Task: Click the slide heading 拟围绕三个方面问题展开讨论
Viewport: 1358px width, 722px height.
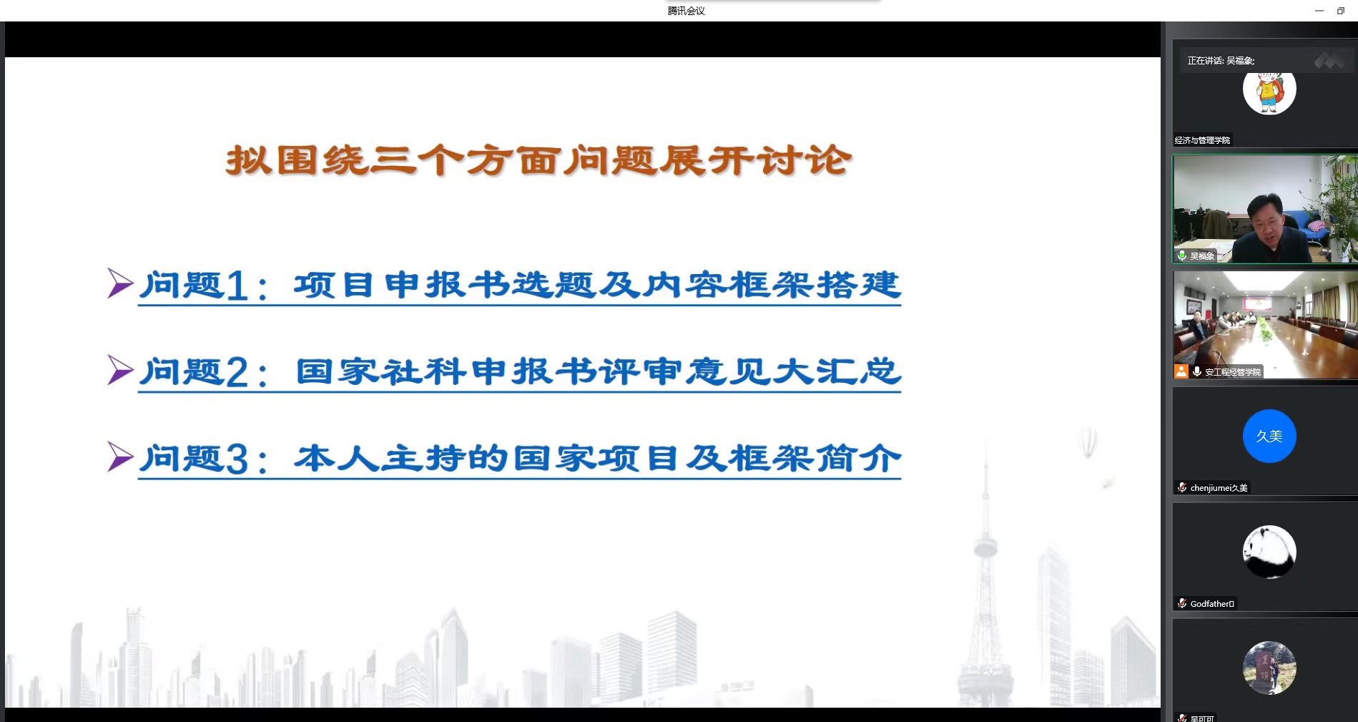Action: click(538, 160)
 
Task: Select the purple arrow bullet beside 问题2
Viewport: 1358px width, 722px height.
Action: click(120, 370)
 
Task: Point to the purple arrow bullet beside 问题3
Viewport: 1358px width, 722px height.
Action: click(120, 457)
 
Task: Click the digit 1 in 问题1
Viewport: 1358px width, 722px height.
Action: click(237, 286)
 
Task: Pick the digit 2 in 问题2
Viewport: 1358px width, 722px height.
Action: click(237, 372)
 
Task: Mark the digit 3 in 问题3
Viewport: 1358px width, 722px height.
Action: click(237, 459)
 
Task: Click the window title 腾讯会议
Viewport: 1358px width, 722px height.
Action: click(686, 11)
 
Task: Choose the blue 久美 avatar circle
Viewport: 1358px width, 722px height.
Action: click(1269, 436)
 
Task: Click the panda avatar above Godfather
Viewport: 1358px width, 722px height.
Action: click(1269, 552)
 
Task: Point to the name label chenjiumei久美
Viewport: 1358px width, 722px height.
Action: click(1219, 488)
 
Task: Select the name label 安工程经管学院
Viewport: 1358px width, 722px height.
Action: click(1233, 372)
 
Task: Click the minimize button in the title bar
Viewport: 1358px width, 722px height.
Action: click(1319, 11)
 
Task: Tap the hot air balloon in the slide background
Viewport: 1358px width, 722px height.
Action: click(1088, 442)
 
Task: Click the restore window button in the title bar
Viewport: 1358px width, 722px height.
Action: click(1341, 11)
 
